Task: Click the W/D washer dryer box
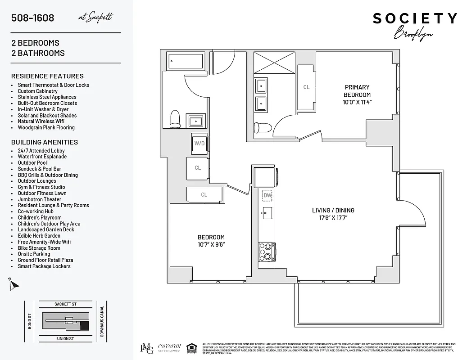pos(199,144)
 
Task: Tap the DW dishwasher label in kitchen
pos(268,195)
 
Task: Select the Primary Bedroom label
pos(357,91)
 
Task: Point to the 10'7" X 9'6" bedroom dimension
pos(211,244)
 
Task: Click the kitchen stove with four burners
pos(267,252)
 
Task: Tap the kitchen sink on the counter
pos(266,213)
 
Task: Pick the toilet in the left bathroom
pos(175,119)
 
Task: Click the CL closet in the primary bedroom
pos(306,87)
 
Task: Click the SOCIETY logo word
pos(414,18)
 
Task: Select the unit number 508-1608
pos(33,18)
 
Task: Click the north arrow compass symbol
pos(14,284)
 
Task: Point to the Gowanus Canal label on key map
pos(102,321)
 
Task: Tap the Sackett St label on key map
pos(65,304)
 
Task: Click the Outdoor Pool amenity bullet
pos(32,163)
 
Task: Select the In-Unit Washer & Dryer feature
pos(43,109)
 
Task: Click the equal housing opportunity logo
pos(191,347)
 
